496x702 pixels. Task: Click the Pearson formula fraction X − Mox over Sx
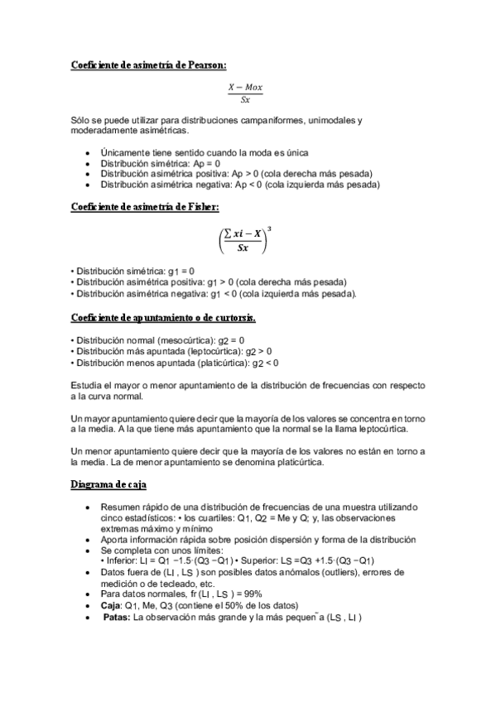coord(246,93)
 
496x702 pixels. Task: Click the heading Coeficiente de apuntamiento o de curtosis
coord(163,318)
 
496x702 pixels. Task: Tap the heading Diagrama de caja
coord(108,485)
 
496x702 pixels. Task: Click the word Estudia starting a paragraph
coord(89,386)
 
